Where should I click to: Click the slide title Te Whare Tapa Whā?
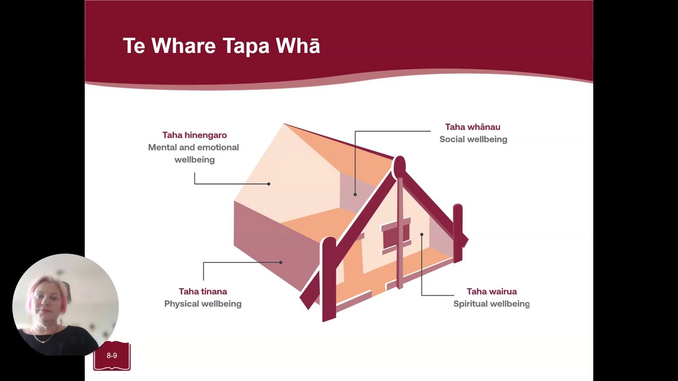coord(221,46)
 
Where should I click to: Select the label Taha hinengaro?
coord(194,135)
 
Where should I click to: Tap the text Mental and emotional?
coord(193,147)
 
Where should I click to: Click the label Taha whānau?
coord(472,127)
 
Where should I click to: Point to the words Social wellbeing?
coord(474,139)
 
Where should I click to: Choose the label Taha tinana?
coord(203,292)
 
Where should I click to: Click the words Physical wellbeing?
coord(203,304)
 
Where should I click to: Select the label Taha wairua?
coord(492,292)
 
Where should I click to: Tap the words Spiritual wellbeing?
coord(491,304)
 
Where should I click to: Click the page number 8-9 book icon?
coord(112,356)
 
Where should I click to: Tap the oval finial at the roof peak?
coord(400,166)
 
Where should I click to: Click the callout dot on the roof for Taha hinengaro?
coord(269,184)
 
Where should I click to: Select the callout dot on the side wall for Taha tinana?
coord(281,262)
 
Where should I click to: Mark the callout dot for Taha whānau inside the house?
coord(355,194)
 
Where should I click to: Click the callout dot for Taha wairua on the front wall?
coord(422,234)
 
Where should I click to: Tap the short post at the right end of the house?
coord(458,233)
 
